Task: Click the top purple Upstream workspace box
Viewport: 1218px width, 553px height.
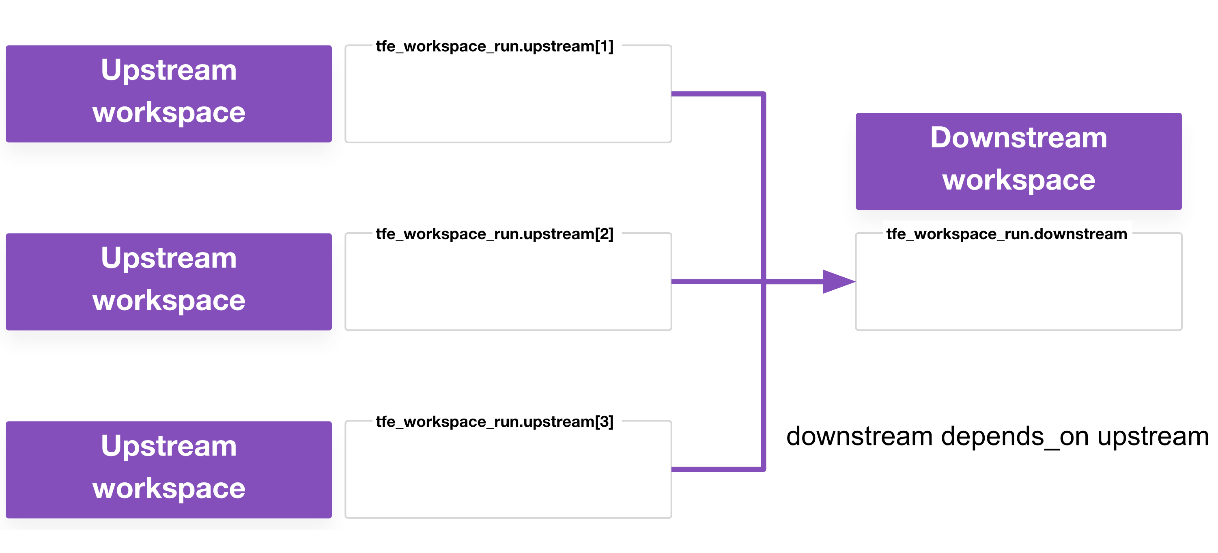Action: (169, 94)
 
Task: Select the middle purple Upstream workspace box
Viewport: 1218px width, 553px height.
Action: (169, 281)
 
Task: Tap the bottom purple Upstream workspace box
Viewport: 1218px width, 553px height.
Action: (169, 469)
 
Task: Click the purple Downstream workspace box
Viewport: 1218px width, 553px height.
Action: (1018, 161)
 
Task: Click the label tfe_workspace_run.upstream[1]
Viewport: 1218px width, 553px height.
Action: (494, 46)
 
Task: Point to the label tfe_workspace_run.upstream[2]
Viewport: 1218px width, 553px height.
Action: (494, 234)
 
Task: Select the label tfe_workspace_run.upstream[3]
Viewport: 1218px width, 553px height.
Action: (494, 422)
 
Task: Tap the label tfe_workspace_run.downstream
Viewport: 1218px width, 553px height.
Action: (1007, 234)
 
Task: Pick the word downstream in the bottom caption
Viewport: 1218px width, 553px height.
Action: (859, 436)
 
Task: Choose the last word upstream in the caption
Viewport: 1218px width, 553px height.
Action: (1153, 436)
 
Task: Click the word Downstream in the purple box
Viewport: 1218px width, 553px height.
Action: (1018, 138)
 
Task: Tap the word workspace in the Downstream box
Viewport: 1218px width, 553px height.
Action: (1018, 180)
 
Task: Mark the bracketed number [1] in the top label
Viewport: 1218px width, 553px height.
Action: (604, 46)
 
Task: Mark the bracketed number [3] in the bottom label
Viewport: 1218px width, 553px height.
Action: (604, 422)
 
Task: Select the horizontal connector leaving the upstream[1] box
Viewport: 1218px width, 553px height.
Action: (717, 94)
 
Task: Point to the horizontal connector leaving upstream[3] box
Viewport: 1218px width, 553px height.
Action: (717, 469)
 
